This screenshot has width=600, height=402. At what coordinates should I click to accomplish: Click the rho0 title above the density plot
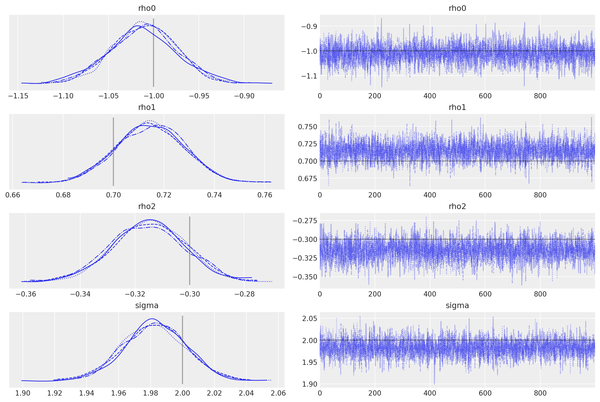(147, 8)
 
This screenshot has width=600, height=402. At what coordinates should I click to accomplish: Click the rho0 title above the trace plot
(457, 8)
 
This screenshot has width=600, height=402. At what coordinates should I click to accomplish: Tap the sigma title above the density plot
(147, 305)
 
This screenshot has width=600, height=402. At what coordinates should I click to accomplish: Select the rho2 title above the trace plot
(457, 206)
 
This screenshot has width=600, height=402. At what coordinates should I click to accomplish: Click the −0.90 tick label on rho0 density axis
(244, 96)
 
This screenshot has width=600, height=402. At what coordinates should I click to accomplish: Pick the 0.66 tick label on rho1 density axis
(13, 195)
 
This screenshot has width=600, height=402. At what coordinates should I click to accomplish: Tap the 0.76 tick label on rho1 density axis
(265, 195)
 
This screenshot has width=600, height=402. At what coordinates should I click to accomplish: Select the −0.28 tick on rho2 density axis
(244, 294)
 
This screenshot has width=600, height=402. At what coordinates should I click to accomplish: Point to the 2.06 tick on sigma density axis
(278, 393)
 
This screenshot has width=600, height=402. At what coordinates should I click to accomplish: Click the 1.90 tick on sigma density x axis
(23, 393)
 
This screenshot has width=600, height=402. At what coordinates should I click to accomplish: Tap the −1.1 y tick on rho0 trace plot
(309, 76)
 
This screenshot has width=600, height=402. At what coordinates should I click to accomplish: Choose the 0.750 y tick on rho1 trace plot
(307, 127)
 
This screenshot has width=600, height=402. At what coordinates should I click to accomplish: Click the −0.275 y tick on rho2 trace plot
(305, 221)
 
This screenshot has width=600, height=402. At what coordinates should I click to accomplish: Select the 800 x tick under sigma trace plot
(540, 393)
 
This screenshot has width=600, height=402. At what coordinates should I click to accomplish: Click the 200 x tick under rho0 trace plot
(374, 96)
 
